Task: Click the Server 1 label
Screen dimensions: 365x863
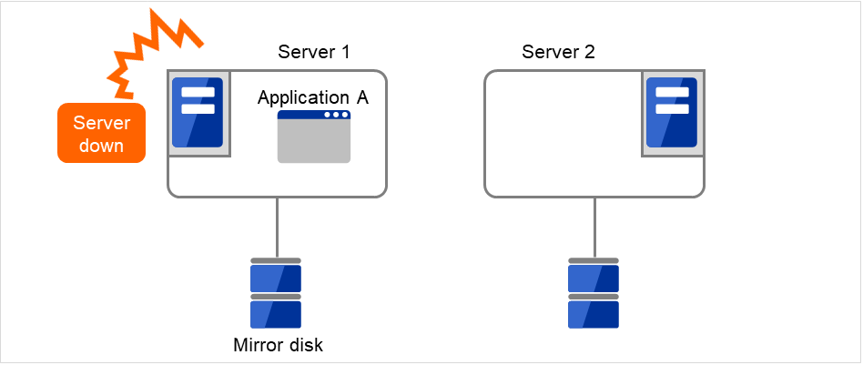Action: click(313, 52)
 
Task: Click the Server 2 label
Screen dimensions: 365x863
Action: click(558, 52)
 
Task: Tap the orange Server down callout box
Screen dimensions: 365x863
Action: click(101, 133)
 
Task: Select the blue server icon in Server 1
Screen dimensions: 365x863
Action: click(198, 112)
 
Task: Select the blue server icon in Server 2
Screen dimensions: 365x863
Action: click(671, 112)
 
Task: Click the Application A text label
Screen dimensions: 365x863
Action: click(312, 98)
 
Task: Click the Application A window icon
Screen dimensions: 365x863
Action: click(314, 137)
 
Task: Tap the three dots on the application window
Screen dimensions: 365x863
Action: click(336, 116)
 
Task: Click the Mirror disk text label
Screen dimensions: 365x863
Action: click(278, 345)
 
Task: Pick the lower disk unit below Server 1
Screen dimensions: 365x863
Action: click(276, 312)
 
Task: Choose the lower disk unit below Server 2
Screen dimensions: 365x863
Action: click(594, 312)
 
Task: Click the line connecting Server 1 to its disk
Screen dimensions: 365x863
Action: click(277, 228)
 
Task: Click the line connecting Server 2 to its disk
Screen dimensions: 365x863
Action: click(594, 228)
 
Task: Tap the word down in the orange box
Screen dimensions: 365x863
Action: click(101, 145)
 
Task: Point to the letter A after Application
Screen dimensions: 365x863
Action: click(361, 98)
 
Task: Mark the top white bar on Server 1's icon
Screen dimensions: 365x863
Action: click(198, 92)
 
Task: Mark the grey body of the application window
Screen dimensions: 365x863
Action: click(314, 142)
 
